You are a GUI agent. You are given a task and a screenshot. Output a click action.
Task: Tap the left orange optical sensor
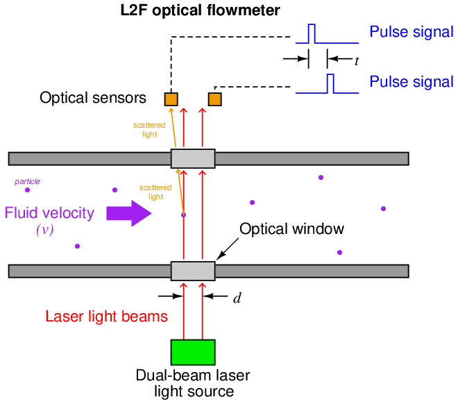tap(171, 99)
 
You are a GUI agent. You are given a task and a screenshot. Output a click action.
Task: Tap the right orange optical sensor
tap(215, 99)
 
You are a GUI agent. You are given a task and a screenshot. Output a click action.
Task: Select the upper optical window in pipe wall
tap(193, 158)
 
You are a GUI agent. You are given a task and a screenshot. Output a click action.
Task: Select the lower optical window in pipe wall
tap(193, 270)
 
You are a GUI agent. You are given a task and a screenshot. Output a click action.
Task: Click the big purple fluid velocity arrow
tap(128, 212)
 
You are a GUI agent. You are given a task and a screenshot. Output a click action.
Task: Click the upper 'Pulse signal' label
tap(411, 33)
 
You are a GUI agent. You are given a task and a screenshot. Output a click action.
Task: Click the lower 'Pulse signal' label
tap(411, 82)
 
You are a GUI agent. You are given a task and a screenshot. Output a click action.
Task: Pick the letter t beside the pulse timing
tap(357, 61)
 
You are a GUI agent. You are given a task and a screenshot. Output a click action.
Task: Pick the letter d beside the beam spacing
tap(237, 298)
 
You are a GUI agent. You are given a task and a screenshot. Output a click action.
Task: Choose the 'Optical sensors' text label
tap(93, 99)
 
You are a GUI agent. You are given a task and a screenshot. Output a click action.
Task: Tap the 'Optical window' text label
tap(291, 228)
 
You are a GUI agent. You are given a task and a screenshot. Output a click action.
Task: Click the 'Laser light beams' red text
tap(106, 317)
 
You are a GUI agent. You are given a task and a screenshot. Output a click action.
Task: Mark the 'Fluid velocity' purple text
tap(49, 213)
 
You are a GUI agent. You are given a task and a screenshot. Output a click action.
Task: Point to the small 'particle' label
tap(27, 181)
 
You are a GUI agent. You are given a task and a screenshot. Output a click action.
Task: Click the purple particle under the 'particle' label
tap(28, 189)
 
